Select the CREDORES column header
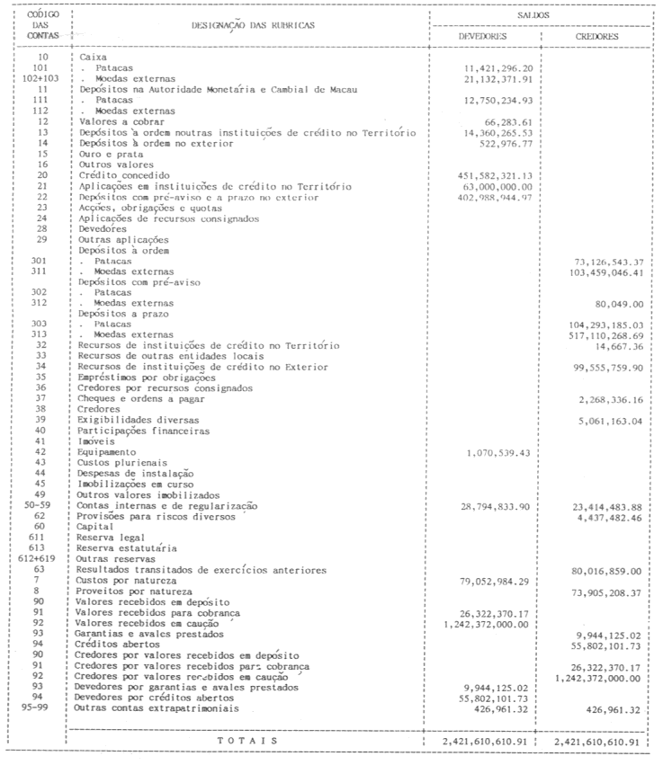point(597,39)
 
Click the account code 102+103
point(37,78)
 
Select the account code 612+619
point(37,558)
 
